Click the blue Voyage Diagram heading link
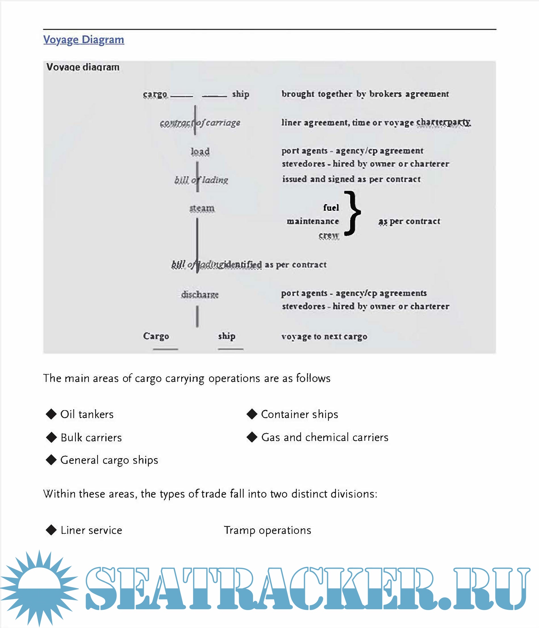83,39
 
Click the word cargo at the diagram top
155,94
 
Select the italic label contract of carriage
200,123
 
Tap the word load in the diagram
200,151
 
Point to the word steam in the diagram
202,208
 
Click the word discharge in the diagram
200,294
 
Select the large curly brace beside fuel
352,213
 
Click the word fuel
331,208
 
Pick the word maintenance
313,221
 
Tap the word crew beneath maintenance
329,235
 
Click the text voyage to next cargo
324,336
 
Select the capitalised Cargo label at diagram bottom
156,336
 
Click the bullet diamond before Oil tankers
51,414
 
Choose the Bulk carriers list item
91,437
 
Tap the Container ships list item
299,414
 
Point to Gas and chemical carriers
325,437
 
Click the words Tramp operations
267,530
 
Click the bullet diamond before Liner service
51,530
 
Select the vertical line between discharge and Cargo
197,316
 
